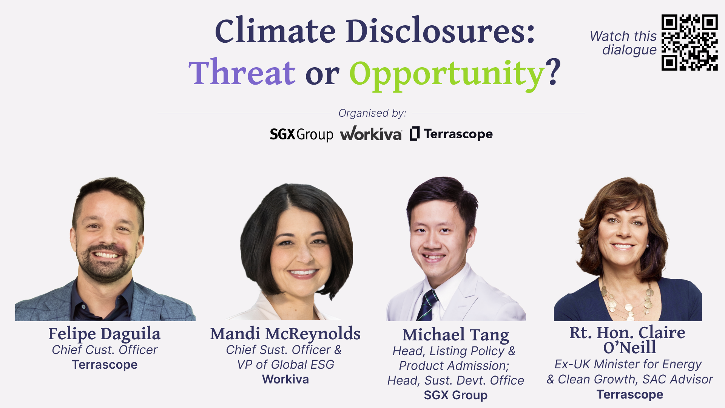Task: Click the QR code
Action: (x=689, y=42)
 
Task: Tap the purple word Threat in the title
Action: (x=242, y=73)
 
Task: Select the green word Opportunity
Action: (x=446, y=74)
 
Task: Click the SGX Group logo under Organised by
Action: (x=301, y=134)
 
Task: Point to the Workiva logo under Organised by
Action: (x=371, y=134)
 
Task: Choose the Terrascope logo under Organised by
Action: (x=451, y=134)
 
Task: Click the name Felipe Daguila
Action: (x=105, y=334)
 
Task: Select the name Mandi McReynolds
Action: (x=285, y=334)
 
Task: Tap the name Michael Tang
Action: (x=455, y=335)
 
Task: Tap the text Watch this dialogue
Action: (x=623, y=43)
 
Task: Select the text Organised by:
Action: (x=372, y=113)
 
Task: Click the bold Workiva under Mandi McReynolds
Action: (x=285, y=379)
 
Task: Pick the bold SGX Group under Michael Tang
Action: (x=455, y=395)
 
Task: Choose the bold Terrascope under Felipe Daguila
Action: (x=105, y=365)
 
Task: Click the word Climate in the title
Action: (x=275, y=31)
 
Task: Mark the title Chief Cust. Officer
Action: (x=105, y=350)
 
